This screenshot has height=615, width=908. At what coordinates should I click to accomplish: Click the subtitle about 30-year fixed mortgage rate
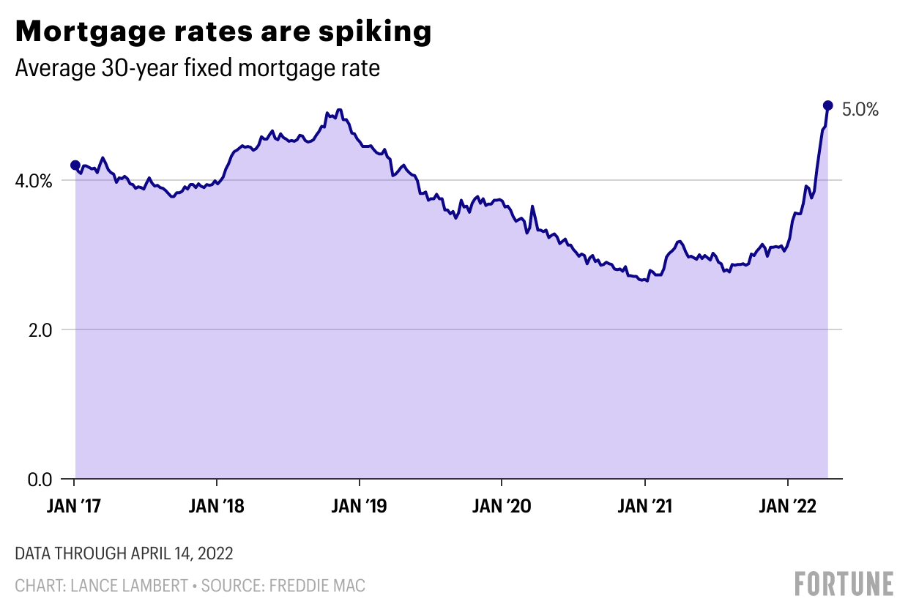coord(197,69)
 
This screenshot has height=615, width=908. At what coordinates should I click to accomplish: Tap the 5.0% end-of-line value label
coord(860,110)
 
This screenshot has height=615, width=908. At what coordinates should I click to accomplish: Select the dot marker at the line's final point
coord(828,105)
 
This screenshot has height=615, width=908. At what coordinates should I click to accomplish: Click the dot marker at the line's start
coord(75,165)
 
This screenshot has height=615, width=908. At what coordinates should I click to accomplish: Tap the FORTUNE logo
coord(844,584)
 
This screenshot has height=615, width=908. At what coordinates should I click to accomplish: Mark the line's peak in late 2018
coord(338,110)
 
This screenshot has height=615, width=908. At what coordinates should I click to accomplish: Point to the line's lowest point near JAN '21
coord(647,281)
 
